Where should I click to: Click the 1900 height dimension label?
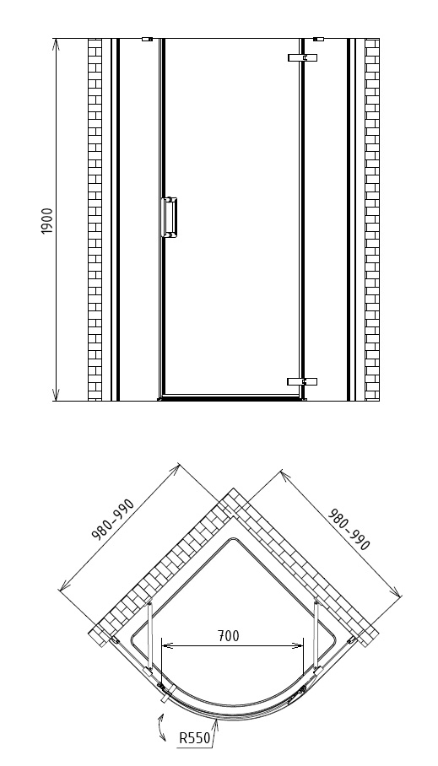coord(47,221)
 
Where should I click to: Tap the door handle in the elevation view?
coord(169,218)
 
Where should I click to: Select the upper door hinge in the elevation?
coord(303,57)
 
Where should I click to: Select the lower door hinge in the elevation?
coord(302,381)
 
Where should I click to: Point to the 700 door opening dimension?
coord(229,635)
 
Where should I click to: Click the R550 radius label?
coord(195,737)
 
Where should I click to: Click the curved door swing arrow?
coord(161,728)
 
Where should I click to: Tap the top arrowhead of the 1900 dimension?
coord(56,44)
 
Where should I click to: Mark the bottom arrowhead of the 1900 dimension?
coord(56,395)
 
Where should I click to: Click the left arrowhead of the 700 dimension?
coord(167,646)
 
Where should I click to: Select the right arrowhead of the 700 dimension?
coord(298,646)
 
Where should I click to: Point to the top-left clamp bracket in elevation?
coord(147,39)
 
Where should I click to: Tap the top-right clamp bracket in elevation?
coord(318,39)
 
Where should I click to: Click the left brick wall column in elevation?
coord(95,220)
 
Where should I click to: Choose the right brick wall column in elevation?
coord(372,220)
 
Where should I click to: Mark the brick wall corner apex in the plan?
coord(233,488)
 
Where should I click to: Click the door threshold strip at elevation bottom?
coord(232,399)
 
